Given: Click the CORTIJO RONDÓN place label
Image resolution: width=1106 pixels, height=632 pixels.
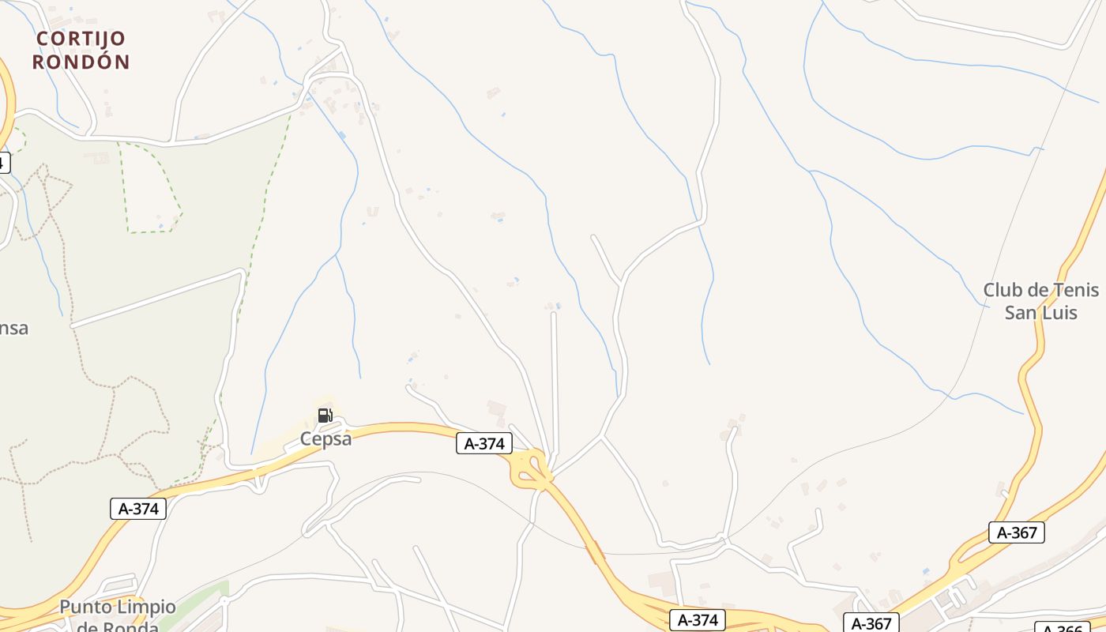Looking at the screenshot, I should (81, 50).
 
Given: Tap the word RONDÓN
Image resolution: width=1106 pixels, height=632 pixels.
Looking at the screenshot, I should (81, 62).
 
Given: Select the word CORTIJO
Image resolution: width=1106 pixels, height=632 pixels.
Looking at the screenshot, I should (81, 38).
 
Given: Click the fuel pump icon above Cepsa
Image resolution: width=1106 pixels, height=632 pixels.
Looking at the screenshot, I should (325, 416).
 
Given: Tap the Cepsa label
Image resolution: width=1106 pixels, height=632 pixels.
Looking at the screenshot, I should (325, 439).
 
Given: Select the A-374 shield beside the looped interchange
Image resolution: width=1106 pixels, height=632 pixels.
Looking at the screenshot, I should (483, 444).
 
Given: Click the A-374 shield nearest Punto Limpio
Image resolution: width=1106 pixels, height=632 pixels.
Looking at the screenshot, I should (138, 509).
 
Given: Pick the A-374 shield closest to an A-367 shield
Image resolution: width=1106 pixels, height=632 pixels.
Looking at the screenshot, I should (698, 620).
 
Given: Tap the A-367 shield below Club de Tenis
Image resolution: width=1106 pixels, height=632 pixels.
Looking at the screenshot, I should (1016, 532).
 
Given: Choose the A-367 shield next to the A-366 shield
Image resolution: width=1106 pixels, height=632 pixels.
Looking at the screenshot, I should (871, 623).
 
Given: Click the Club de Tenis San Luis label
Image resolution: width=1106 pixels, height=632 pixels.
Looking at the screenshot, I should (1040, 301).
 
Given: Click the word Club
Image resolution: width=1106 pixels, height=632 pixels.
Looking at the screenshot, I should (1003, 290).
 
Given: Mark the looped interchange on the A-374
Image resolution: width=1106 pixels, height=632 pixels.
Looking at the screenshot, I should (532, 468).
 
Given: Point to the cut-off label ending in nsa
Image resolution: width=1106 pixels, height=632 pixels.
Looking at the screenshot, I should (13, 328).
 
